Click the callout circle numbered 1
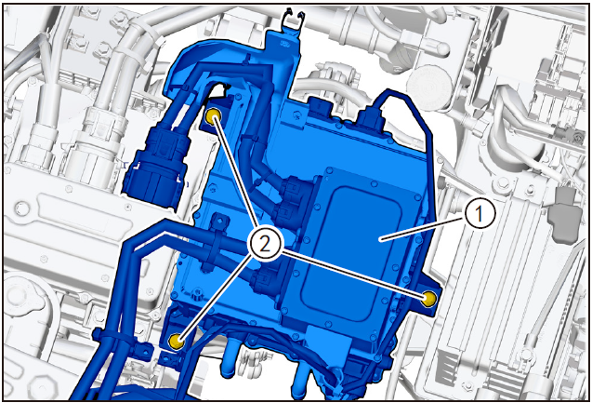[x=480, y=214]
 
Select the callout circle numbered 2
[x=266, y=245]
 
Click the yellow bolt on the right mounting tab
[x=429, y=299]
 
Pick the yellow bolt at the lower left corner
[x=177, y=341]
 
